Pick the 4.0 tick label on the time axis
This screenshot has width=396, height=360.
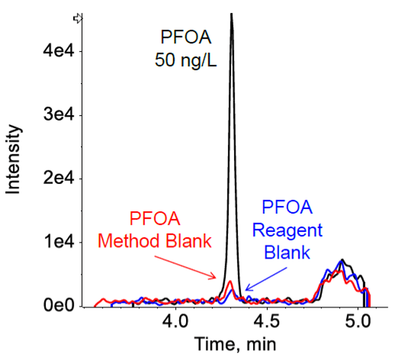[176, 322]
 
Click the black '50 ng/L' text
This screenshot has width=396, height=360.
[186, 60]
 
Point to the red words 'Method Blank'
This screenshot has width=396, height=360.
[155, 240]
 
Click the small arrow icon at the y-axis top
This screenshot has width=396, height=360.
[77, 18]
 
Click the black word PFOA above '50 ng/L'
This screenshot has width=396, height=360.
[185, 39]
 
